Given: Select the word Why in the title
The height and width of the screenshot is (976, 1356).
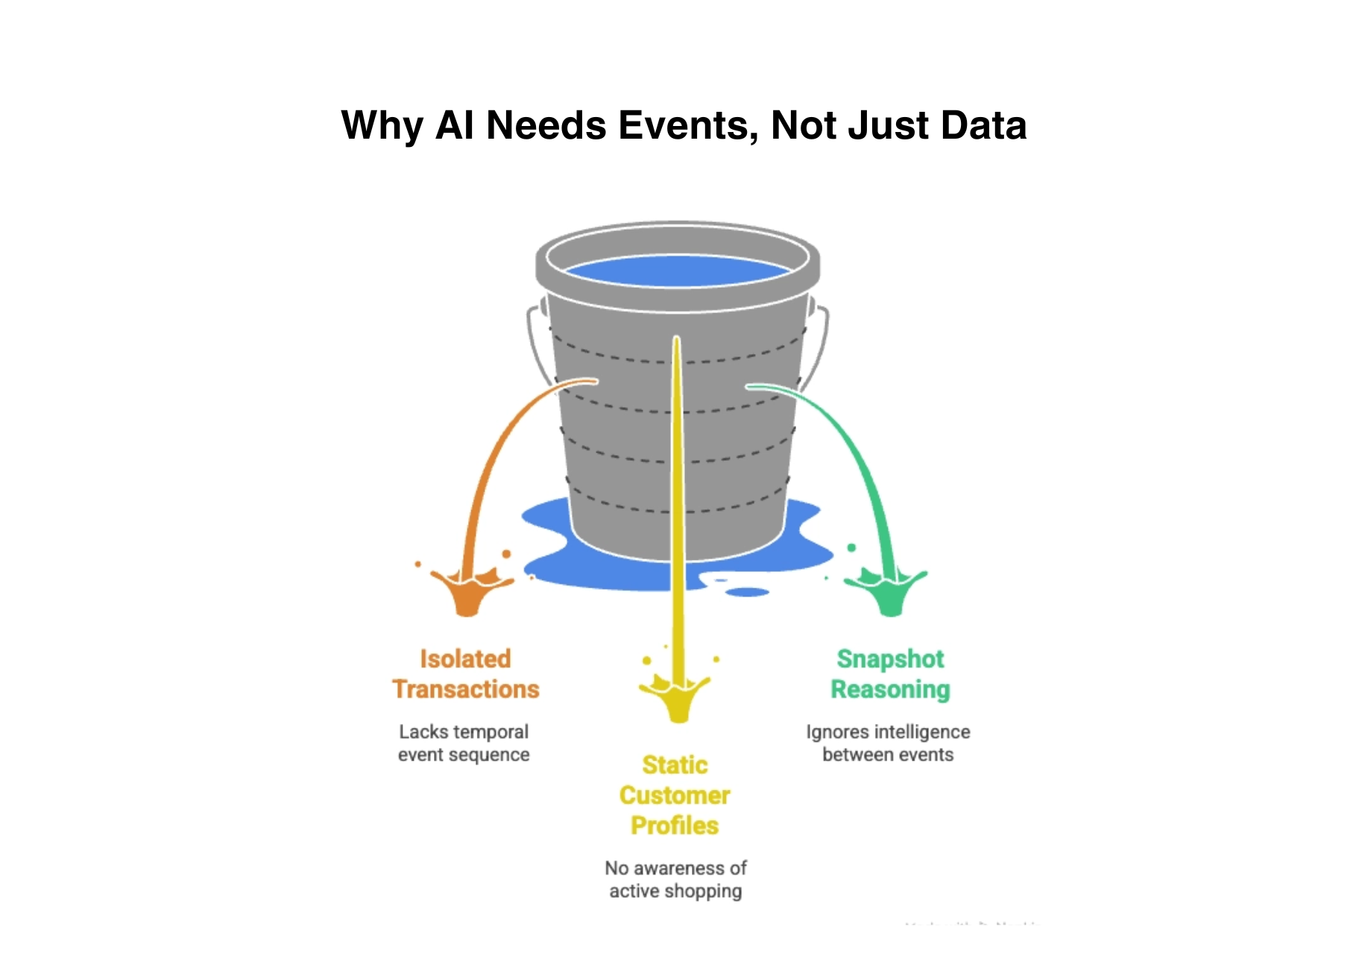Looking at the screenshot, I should [382, 125].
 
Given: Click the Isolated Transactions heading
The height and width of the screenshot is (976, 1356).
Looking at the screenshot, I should [465, 674].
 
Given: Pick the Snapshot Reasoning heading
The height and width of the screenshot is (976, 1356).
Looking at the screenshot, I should [890, 674].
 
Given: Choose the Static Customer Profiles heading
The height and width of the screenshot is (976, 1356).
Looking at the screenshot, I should [675, 796].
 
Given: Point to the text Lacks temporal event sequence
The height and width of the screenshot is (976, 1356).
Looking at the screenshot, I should [464, 743].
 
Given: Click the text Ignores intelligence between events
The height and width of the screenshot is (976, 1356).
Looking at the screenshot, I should [888, 743].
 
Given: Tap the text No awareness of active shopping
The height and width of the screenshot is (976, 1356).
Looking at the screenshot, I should [675, 880].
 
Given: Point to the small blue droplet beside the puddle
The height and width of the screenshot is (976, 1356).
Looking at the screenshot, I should [747, 592].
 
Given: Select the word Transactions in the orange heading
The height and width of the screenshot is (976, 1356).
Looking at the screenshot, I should [465, 690].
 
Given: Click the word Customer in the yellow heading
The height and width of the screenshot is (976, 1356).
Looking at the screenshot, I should [675, 796].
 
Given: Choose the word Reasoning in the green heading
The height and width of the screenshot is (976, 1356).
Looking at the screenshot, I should [890, 690].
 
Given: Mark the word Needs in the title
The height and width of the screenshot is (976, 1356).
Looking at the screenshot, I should [546, 125].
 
